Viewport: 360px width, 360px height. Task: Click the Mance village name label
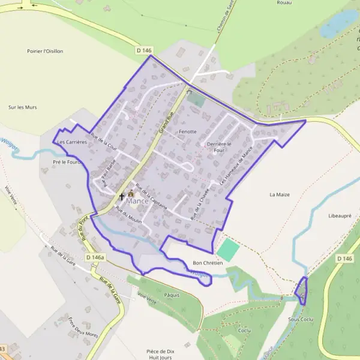point(137,201)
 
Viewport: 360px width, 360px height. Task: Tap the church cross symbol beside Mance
point(122,196)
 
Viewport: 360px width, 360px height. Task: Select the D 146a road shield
point(95,257)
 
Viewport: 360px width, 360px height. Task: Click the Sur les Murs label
point(23,107)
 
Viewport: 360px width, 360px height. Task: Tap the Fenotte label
point(188,131)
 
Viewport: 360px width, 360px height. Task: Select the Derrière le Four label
point(219,148)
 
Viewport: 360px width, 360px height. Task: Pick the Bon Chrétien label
point(208,263)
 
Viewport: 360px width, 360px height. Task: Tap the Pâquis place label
point(172,295)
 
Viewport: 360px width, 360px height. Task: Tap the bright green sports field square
point(227,249)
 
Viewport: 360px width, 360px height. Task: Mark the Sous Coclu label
point(301,319)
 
